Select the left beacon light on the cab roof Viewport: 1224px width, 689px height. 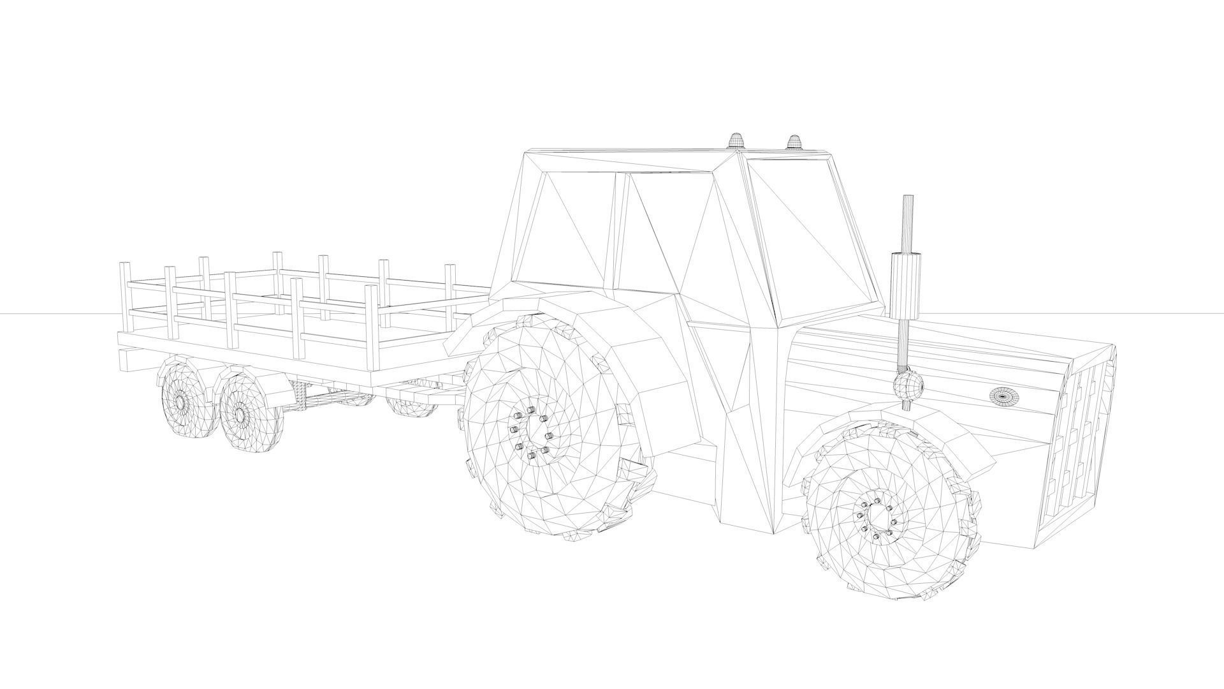736,140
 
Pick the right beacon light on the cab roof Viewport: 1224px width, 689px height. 794,142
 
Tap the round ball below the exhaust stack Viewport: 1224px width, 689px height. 908,385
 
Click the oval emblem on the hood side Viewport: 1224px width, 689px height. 1004,396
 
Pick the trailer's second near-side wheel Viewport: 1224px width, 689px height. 242,413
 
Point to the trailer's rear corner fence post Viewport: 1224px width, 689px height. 125,297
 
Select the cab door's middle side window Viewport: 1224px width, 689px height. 657,236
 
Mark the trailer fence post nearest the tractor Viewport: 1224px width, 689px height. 450,290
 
